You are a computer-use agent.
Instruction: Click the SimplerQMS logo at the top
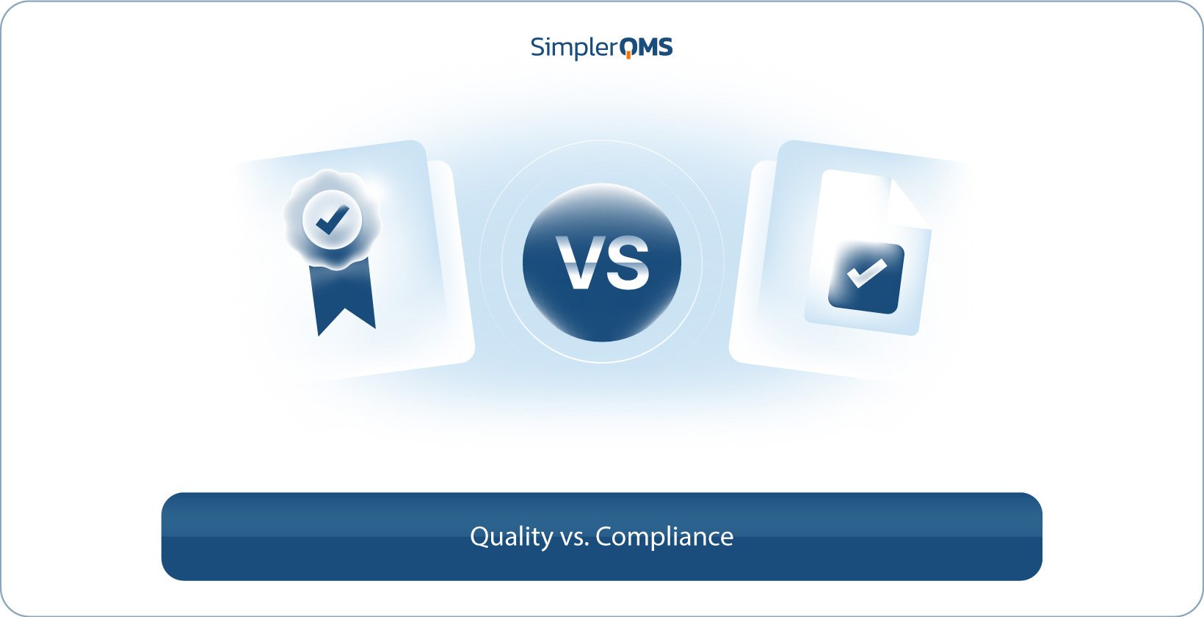point(601,47)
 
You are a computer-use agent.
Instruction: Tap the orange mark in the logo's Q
point(628,55)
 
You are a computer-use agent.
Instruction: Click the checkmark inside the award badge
point(332,220)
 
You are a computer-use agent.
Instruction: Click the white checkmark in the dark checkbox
point(866,273)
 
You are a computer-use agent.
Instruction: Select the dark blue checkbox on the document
point(866,278)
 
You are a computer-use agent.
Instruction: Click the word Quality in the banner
point(511,537)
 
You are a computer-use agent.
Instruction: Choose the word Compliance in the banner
point(664,537)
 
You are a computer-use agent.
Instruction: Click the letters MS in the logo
point(655,47)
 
